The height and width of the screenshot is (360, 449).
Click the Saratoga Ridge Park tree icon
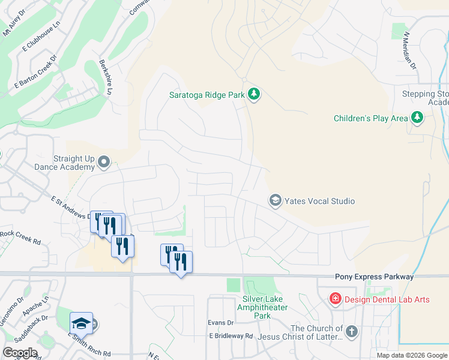[254, 95]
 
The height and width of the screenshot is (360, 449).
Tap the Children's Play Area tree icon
[417, 118]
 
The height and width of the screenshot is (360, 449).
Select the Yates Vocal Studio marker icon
[276, 200]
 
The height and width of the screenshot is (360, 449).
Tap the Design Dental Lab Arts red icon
[335, 299]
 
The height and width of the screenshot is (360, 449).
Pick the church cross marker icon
[351, 331]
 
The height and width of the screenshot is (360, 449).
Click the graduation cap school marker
[81, 324]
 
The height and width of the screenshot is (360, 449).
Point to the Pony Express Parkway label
[374, 277]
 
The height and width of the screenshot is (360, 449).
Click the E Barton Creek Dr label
[36, 72]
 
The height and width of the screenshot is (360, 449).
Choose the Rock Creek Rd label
[20, 238]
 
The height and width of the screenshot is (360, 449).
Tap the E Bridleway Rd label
[231, 336]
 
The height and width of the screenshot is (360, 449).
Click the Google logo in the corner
[20, 353]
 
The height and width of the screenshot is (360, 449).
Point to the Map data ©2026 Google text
[411, 355]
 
